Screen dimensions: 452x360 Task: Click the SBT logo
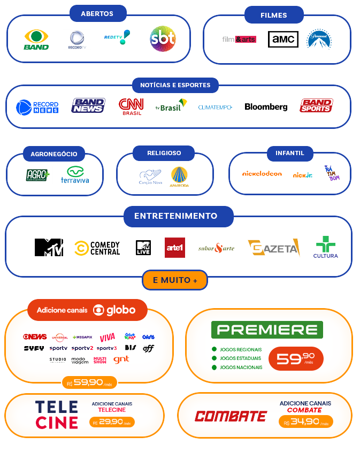163,39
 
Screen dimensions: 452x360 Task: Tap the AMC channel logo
283,39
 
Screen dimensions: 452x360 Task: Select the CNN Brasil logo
131,106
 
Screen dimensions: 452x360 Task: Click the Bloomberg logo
266,106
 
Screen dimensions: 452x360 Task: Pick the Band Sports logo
316,106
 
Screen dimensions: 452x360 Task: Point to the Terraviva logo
75,174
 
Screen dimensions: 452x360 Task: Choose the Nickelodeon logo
262,173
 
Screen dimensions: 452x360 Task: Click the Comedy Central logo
97,248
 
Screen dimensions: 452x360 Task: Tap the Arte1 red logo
175,247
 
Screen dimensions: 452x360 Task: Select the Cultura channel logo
326,247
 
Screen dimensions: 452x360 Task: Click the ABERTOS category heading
97,13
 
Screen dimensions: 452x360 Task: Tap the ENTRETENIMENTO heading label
176,216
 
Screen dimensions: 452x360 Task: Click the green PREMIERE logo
267,330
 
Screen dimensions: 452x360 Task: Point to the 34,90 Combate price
305,422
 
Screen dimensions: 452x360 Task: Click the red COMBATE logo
231,416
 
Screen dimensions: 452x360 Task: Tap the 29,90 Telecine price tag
112,422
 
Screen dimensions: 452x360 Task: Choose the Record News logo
37,107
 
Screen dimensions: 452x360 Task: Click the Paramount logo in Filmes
319,39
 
